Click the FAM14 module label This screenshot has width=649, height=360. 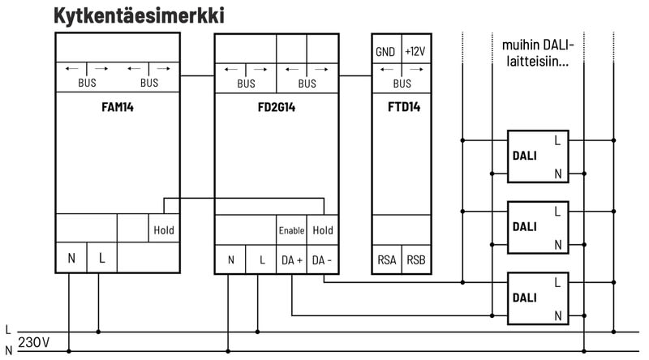(x=117, y=106)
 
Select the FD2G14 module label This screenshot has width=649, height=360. (x=277, y=106)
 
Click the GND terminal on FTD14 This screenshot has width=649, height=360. (x=385, y=52)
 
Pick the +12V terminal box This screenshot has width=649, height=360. (x=416, y=52)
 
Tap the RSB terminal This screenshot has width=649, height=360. (x=416, y=260)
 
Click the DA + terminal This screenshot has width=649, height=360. (x=292, y=260)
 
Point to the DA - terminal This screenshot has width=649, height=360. (x=323, y=260)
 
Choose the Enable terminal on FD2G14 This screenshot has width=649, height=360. (x=291, y=230)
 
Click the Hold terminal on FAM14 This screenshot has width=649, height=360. (x=163, y=230)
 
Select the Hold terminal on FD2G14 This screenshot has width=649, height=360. (x=323, y=230)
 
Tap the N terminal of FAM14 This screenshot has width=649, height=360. (x=71, y=259)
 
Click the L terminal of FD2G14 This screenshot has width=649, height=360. (x=262, y=260)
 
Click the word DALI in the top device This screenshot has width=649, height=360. (x=525, y=156)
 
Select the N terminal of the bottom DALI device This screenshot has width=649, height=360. (x=557, y=314)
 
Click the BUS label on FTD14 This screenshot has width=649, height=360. (x=402, y=83)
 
